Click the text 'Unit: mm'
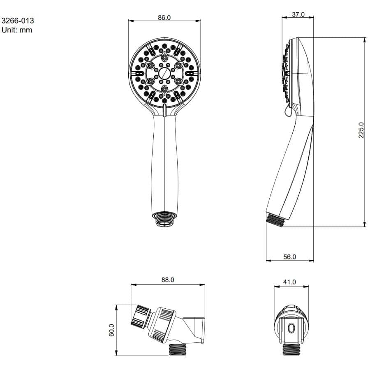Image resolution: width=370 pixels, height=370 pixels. point(17,30)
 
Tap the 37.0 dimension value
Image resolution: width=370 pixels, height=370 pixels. point(298,14)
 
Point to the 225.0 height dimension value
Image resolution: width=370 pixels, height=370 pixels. point(361,130)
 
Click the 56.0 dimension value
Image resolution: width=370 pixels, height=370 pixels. point(289,257)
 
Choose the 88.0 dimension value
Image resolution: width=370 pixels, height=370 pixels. point(167,280)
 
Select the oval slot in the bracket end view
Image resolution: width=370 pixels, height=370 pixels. point(291,329)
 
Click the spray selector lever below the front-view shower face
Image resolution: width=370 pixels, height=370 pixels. point(164,111)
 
